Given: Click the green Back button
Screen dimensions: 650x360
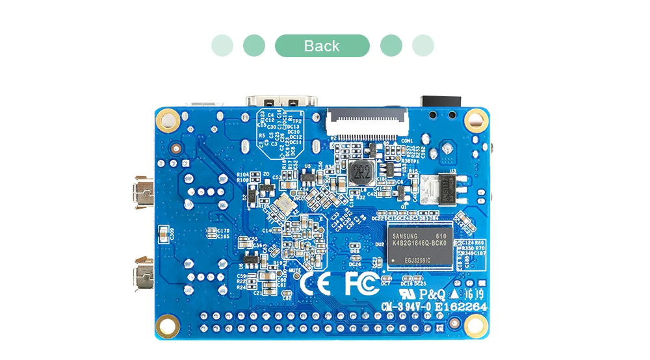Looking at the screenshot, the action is (322, 46).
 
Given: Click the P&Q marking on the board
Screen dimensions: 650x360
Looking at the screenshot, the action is (430, 292).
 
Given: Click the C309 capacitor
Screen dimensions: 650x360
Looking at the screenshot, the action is (172, 235).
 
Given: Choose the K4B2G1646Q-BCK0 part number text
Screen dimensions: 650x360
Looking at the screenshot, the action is (420, 242).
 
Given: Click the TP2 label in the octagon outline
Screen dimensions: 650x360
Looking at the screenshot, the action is (297, 122).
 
